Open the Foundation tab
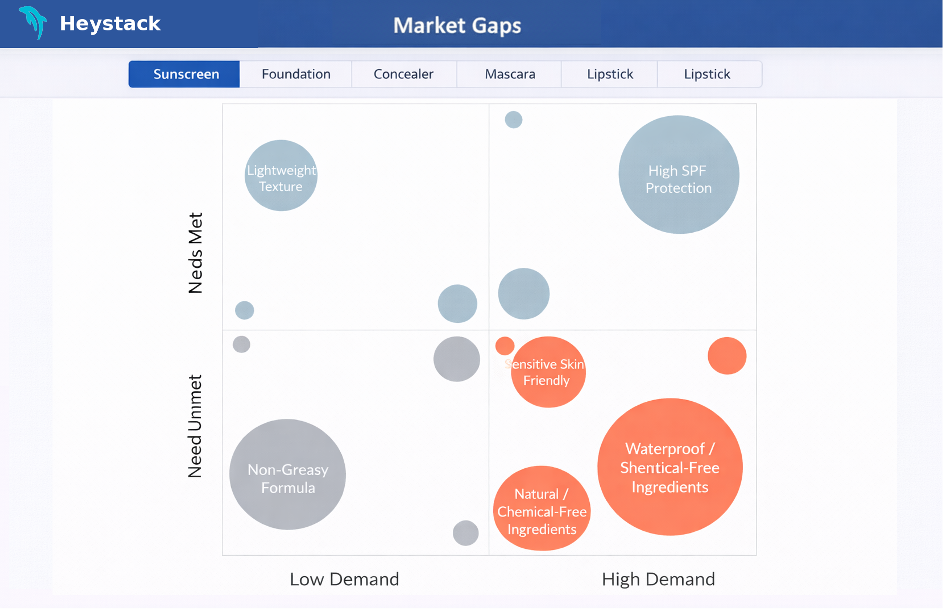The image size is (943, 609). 296,74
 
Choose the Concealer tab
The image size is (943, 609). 403,74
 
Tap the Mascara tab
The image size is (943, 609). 510,74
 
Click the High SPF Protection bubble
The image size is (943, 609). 679,174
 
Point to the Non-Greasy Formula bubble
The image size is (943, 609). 287,475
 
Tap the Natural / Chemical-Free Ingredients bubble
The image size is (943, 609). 542,509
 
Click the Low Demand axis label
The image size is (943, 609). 344,579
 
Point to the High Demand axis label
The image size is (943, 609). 658,579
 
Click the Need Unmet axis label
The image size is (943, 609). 195,426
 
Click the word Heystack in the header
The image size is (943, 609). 110,23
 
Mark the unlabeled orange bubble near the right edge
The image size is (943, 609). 727,356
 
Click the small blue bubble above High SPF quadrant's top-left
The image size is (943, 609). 514,119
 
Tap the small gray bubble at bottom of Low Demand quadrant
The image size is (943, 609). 465,533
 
